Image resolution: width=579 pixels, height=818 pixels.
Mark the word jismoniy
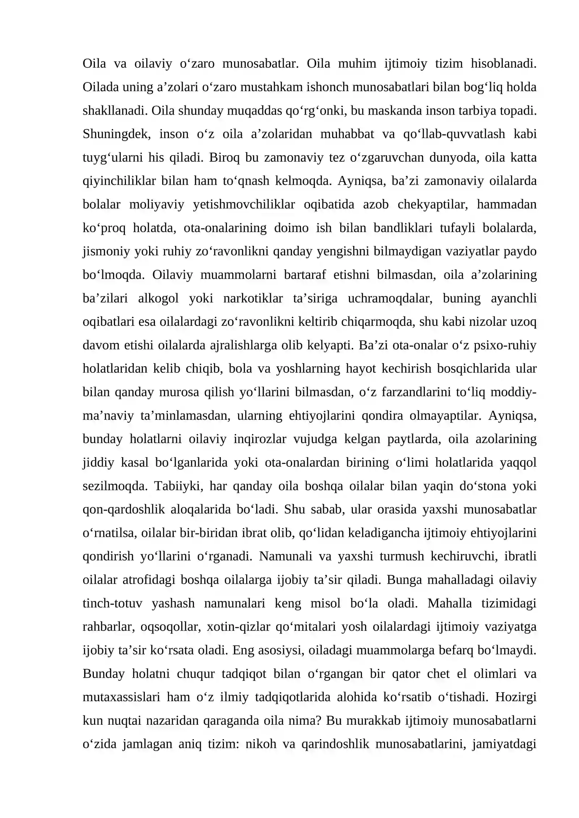pos(106,251)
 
